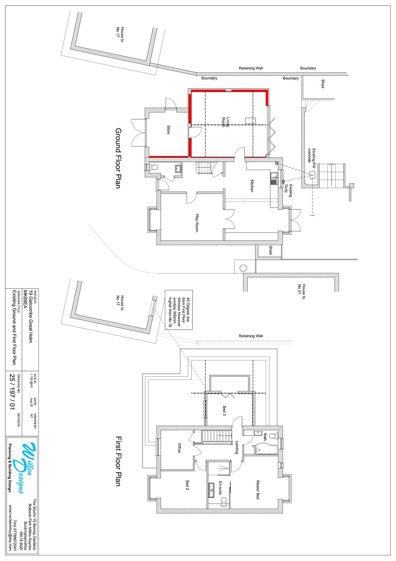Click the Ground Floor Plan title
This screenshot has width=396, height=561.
click(x=118, y=158)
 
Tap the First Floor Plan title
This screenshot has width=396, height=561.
click(x=118, y=461)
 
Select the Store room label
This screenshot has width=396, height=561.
click(x=168, y=130)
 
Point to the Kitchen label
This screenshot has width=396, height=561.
click(x=251, y=186)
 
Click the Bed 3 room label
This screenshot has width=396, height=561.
click(x=224, y=411)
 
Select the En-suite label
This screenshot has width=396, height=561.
click(x=221, y=487)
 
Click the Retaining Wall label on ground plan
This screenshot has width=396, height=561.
click(x=251, y=68)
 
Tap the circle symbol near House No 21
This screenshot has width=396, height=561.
click(x=243, y=269)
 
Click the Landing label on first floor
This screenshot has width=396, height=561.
click(x=237, y=447)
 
